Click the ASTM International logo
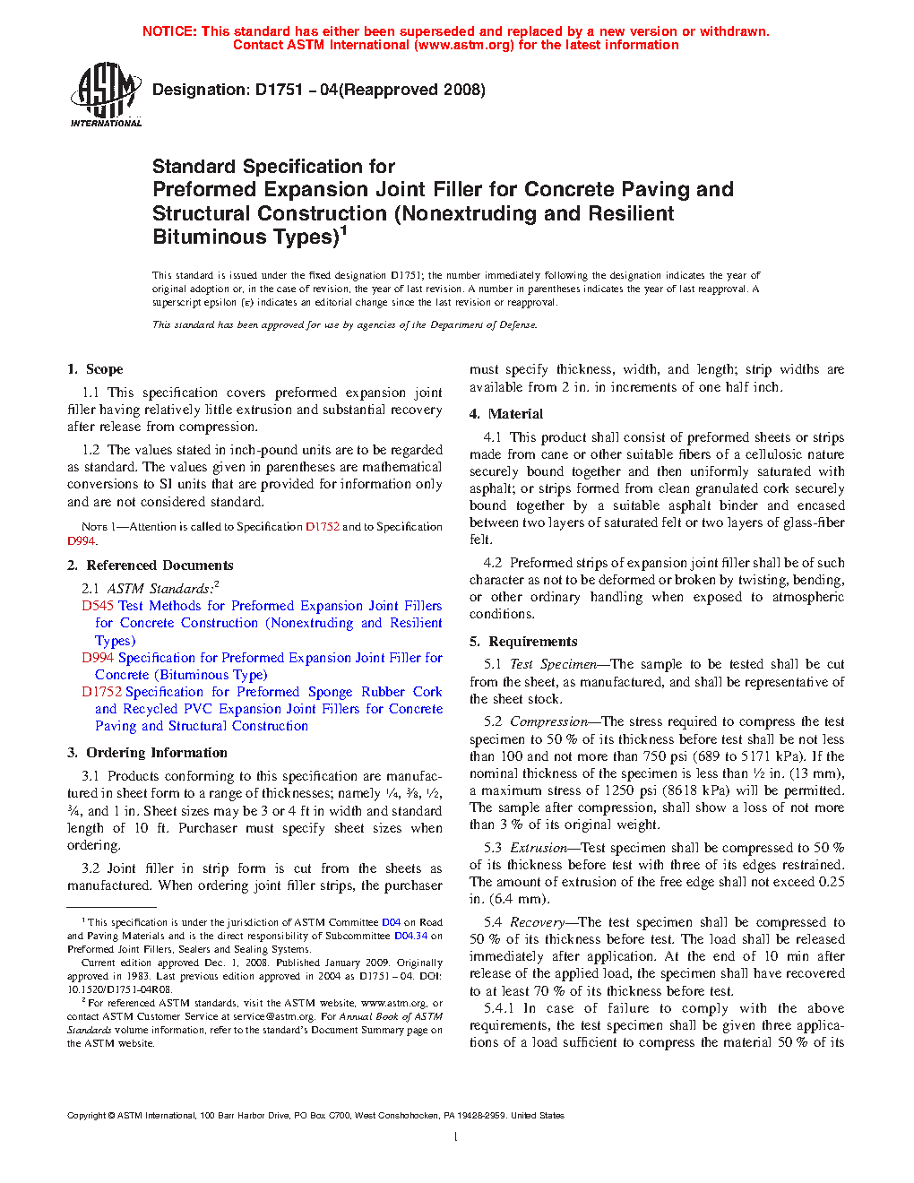coord(106,94)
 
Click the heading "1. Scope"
coord(95,369)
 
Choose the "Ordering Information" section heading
coord(157,753)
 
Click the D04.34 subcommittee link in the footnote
coord(410,936)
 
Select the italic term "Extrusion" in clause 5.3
coord(539,848)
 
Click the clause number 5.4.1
coord(499,1008)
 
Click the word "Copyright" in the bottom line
coord(87,1116)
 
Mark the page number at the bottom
coord(456,1137)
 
